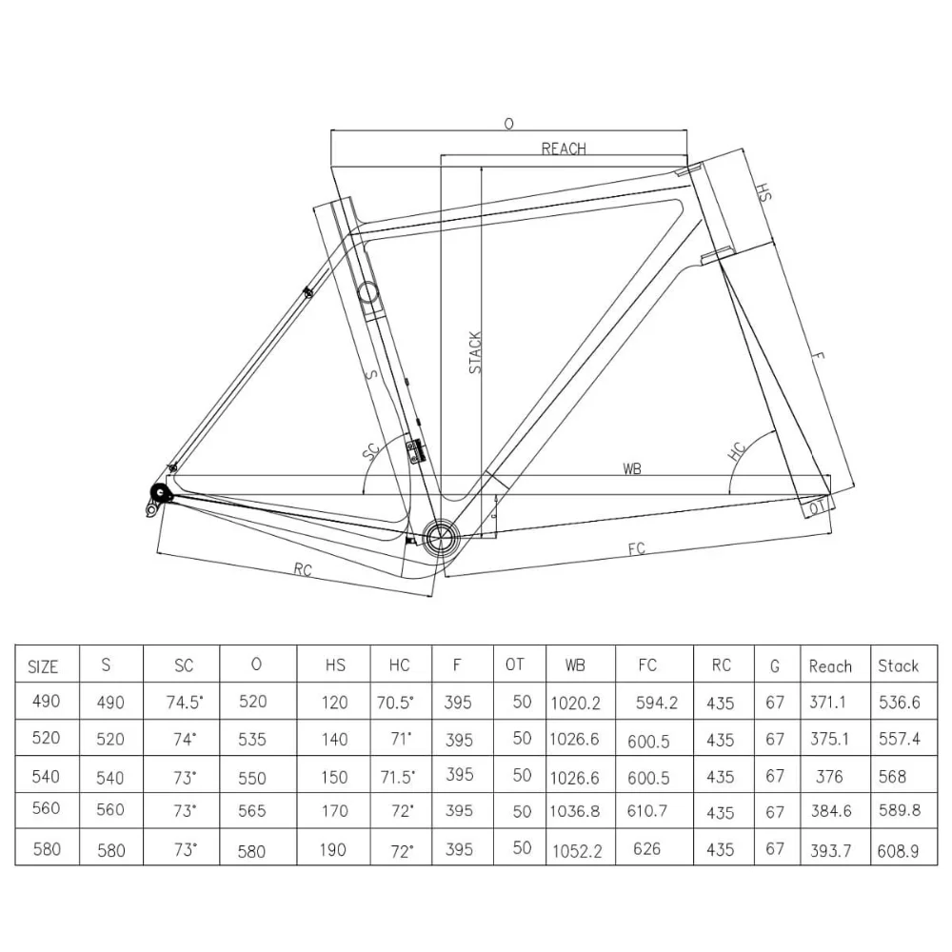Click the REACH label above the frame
pyautogui.click(x=564, y=149)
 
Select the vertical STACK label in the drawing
pyautogui.click(x=476, y=352)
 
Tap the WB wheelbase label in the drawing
pyautogui.click(x=631, y=468)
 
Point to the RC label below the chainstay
pyautogui.click(x=303, y=570)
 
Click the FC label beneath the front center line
pyautogui.click(x=637, y=549)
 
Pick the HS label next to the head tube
pyautogui.click(x=763, y=192)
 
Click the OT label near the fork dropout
pyautogui.click(x=816, y=509)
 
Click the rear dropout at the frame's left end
pyautogui.click(x=158, y=493)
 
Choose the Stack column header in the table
pyautogui.click(x=898, y=665)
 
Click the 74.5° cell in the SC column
pyautogui.click(x=184, y=703)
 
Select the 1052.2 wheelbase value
pyautogui.click(x=576, y=850)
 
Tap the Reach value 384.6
pyautogui.click(x=829, y=812)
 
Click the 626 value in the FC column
pyautogui.click(x=646, y=848)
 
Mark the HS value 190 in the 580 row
pyautogui.click(x=334, y=849)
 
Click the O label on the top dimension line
pyautogui.click(x=508, y=124)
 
